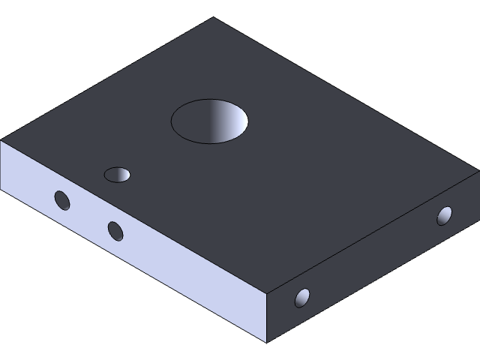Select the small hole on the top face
117,175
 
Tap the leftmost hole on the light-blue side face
62,200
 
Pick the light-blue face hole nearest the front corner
115,231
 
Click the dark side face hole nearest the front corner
302,298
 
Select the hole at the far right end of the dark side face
445,216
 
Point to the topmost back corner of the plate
214,18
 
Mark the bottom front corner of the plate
268,342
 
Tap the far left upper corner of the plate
1,140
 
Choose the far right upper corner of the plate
477,172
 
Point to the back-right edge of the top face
345,94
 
